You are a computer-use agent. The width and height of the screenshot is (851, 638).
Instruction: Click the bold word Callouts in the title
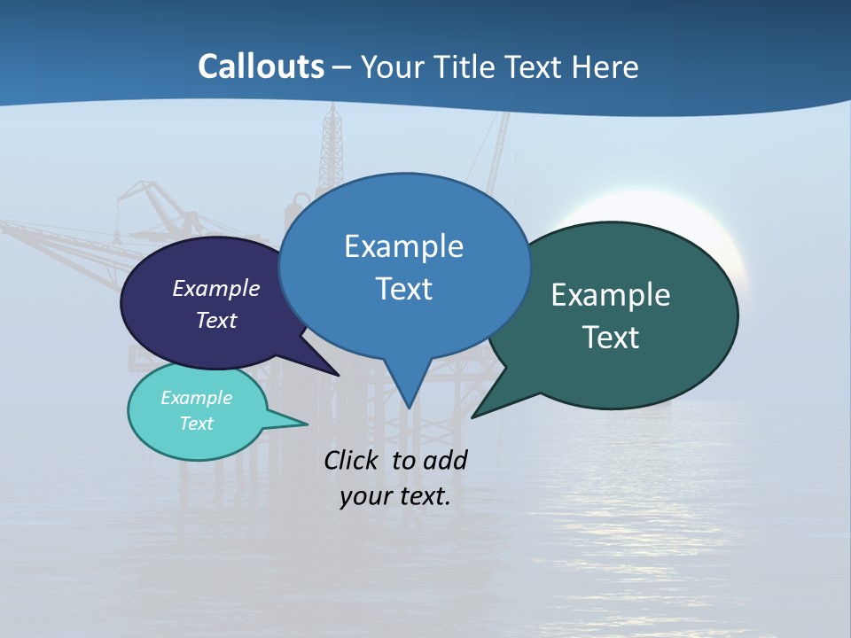261,66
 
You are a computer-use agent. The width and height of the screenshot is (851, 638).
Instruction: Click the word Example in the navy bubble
215,288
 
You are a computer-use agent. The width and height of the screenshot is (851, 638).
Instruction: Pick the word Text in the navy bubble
215,320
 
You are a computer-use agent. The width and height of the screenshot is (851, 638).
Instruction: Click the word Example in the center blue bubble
403,246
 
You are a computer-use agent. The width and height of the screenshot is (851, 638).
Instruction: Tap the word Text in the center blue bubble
403,289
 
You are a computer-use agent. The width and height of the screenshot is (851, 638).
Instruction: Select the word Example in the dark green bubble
611,295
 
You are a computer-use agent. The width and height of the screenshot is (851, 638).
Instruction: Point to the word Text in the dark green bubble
611,338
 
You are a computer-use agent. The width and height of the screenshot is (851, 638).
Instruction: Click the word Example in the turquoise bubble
196,398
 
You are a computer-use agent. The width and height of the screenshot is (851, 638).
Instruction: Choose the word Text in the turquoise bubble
196,424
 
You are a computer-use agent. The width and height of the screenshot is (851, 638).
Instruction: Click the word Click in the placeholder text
354,460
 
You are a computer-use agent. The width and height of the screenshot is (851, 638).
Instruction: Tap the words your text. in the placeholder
394,496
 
